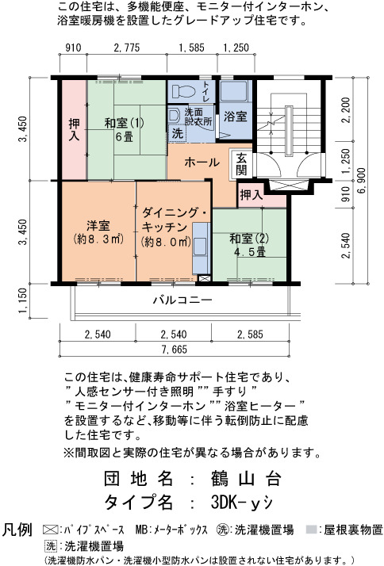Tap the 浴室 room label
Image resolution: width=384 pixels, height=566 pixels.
pos(235,117)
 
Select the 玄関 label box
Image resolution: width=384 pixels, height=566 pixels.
pos(242,164)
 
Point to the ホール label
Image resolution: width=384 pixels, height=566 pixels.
pos(202,162)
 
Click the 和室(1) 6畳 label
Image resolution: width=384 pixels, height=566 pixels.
pos(125,129)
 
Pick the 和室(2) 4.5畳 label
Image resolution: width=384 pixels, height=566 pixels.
pos(249,245)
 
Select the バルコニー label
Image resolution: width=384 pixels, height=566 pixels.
pos(182,300)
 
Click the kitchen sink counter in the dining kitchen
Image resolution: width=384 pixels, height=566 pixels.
pos(202,248)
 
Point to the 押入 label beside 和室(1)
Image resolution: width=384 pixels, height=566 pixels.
pos(75,129)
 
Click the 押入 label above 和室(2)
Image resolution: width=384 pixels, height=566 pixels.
pos(252,195)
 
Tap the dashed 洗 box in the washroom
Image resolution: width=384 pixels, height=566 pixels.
pos(177,133)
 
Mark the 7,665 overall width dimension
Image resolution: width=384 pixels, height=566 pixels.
pos(175,349)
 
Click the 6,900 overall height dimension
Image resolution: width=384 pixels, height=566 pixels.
pos(362,181)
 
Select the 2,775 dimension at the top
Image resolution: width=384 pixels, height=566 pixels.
pos(127,48)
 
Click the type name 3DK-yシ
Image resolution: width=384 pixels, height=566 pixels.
pos(242,502)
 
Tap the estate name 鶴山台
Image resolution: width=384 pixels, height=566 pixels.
pos(246,479)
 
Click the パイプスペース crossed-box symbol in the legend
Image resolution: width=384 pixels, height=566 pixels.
pos(51,530)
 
